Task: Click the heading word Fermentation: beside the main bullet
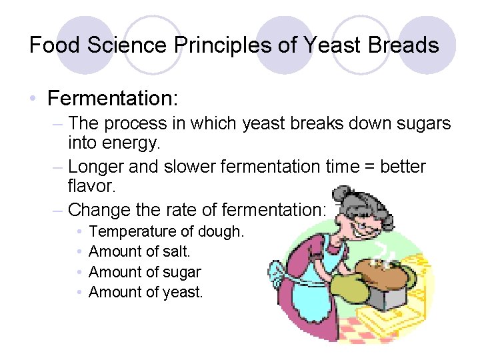[x=113, y=99]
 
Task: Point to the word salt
[x=177, y=252]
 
